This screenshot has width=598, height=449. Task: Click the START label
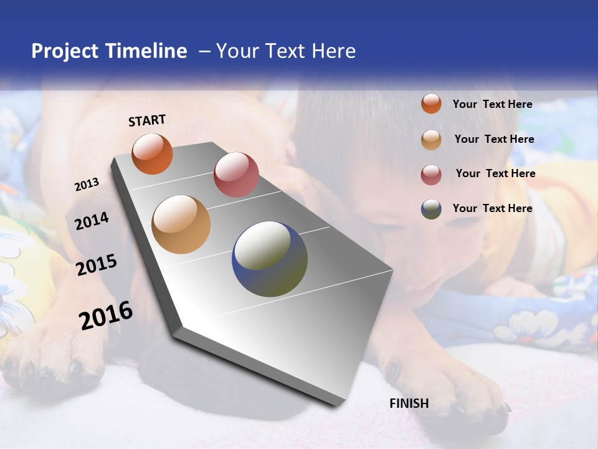147,120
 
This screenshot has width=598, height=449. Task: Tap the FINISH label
409,403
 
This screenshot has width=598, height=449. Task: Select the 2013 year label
87,185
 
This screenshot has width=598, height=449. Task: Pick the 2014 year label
92,221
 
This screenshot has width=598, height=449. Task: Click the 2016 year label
105,316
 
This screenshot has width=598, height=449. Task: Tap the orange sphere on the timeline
152,153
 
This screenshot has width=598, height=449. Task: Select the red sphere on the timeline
236,174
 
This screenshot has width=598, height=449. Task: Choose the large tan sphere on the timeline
181,224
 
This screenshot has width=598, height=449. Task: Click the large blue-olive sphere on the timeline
270,259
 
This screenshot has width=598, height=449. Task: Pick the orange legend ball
431,104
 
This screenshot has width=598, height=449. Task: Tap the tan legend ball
431,140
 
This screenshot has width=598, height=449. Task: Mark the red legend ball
431,175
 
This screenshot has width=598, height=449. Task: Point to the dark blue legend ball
431,209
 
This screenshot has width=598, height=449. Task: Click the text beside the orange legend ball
492,104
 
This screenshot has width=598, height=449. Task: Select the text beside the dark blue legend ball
492,208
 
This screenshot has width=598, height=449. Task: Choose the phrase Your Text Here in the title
286,51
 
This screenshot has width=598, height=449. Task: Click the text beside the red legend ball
495,173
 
